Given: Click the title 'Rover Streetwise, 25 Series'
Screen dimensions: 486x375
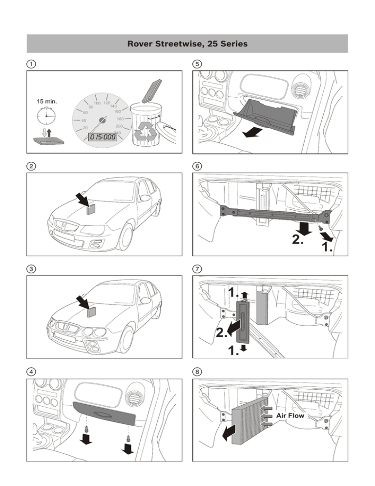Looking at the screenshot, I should point(187,44).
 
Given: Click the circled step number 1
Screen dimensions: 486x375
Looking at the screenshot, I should point(30,64).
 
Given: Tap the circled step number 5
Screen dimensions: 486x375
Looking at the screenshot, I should point(197,64).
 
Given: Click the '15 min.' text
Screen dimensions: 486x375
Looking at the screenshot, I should point(47,101).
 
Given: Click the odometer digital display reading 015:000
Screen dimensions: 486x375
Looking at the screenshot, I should point(102,137).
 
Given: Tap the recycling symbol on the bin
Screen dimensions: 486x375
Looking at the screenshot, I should point(146,130).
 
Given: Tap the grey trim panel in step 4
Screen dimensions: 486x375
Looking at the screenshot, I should point(104,412).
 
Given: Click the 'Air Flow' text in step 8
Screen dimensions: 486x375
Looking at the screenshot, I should point(290,416).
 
